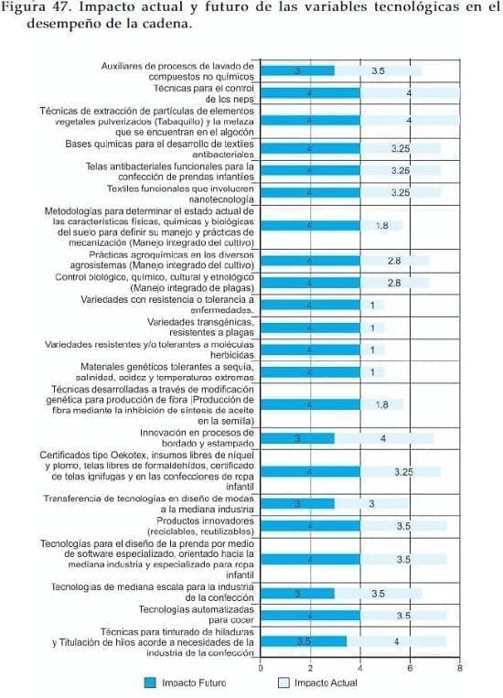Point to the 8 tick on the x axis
(x=459, y=670)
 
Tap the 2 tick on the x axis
(x=310, y=670)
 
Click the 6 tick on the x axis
(x=410, y=670)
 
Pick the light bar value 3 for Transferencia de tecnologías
(x=372, y=503)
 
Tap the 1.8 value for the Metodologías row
(x=382, y=225)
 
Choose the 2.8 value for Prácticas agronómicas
(x=394, y=261)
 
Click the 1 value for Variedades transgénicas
(x=372, y=328)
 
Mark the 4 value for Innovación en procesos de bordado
(x=383, y=438)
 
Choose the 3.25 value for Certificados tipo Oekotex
(x=403, y=471)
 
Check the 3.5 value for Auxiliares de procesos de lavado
(x=378, y=70)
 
